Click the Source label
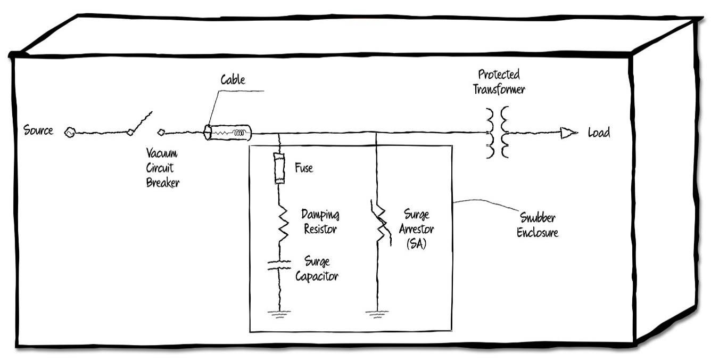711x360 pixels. [x=38, y=130]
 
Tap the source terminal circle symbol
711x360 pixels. [x=69, y=133]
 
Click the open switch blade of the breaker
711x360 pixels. [x=141, y=122]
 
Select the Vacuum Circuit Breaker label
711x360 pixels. [x=162, y=168]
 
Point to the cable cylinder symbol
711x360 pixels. [x=228, y=132]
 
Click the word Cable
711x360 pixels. [x=233, y=80]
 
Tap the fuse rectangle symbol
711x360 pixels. [x=279, y=168]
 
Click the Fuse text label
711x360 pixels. [x=304, y=168]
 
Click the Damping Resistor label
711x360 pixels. [x=320, y=222]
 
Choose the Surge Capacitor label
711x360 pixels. [x=317, y=269]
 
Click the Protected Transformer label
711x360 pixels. [x=499, y=81]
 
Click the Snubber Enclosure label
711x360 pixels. [x=538, y=225]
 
